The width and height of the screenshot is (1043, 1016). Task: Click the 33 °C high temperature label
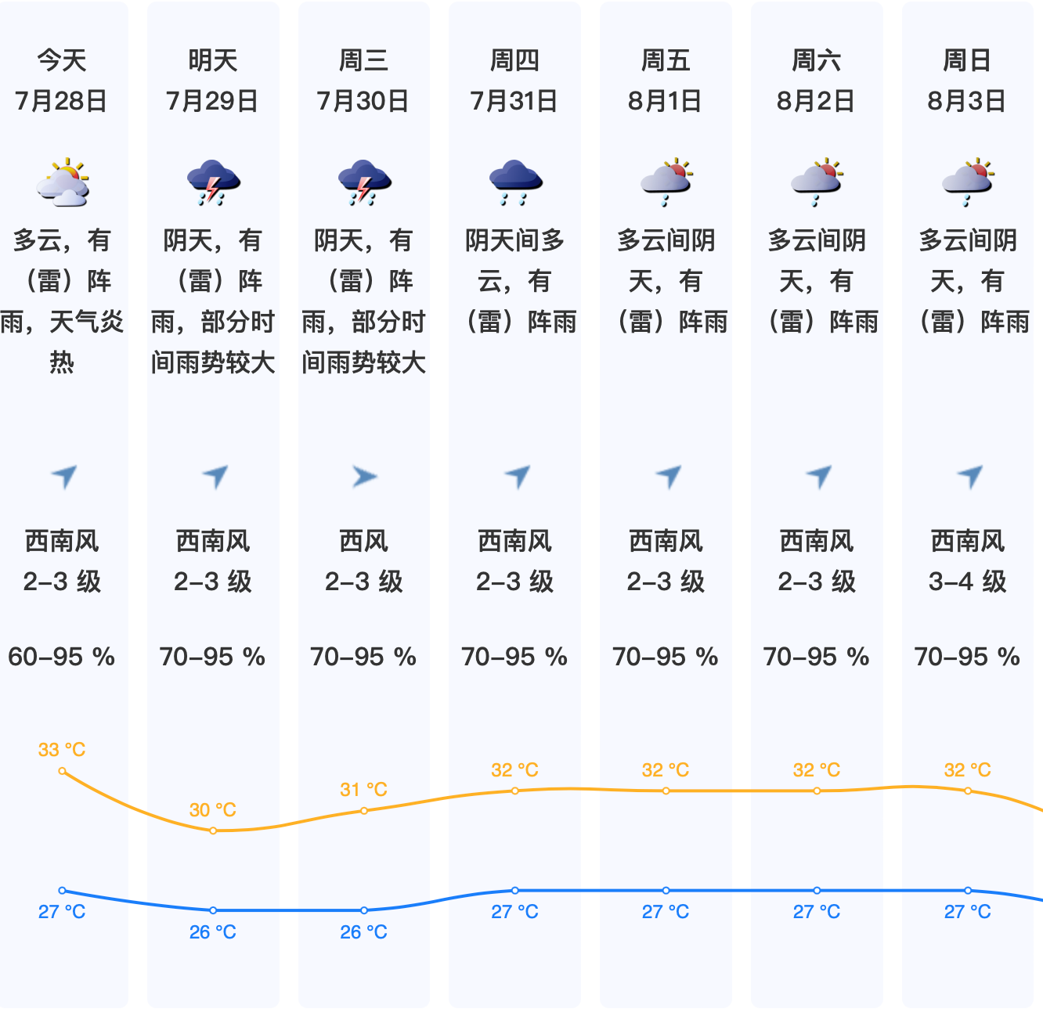coord(62,750)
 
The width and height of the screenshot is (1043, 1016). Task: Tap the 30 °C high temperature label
coord(213,810)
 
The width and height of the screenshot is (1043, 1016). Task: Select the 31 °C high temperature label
coord(364,790)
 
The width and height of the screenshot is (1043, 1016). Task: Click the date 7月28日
coord(62,101)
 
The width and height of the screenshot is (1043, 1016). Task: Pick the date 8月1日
coord(666,101)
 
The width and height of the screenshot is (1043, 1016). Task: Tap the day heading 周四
coord(514,60)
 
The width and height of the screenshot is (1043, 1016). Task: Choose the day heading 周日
coord(967,60)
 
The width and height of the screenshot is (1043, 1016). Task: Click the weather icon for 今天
coord(63,182)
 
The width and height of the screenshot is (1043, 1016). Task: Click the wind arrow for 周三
coord(364,476)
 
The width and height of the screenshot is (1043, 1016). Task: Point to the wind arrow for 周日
coord(969,476)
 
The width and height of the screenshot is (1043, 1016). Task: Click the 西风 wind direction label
coord(364,541)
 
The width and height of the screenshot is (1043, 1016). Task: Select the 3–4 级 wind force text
coord(967,582)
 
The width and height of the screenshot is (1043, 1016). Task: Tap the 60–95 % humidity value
coord(62,657)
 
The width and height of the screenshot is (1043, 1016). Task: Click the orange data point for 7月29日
coord(213,830)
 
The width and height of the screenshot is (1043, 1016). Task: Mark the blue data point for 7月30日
coord(364,910)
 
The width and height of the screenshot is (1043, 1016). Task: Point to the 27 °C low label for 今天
coord(62,912)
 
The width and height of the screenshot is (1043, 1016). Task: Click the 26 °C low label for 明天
coord(213,932)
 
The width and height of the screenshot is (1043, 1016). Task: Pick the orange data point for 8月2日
coord(817,791)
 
